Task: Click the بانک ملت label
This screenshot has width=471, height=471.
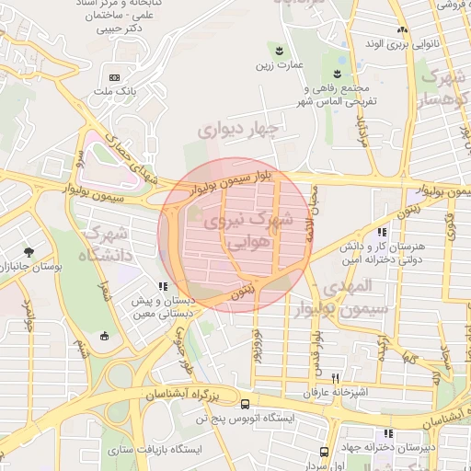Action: (x=115, y=92)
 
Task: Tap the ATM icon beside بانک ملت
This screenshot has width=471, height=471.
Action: (x=114, y=77)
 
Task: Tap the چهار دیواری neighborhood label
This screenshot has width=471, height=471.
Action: (x=237, y=130)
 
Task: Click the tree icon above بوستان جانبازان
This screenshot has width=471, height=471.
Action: (x=29, y=251)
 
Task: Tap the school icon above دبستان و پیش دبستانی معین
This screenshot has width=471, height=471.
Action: (x=163, y=286)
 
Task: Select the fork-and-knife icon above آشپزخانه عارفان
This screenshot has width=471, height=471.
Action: (x=336, y=378)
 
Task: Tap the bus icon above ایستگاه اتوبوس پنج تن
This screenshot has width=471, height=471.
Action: (x=244, y=404)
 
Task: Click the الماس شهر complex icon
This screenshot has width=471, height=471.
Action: (x=339, y=73)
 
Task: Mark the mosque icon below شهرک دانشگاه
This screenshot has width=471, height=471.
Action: (x=104, y=335)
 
